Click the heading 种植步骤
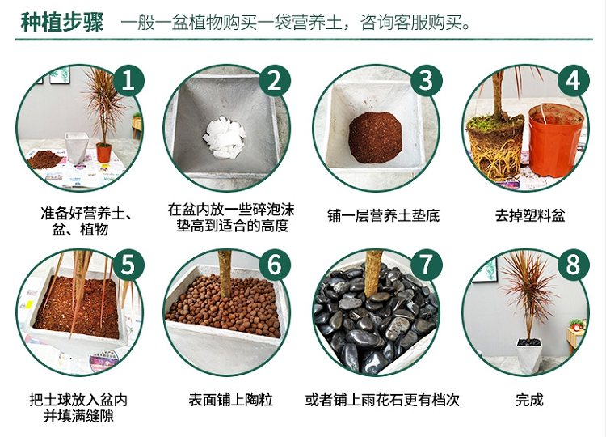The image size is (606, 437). click(x=62, y=22)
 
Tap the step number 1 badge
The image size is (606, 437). click(x=128, y=80)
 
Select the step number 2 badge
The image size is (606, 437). click(x=275, y=80)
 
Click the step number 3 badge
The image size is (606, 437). click(x=427, y=80)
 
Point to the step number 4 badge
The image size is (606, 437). click(x=573, y=80)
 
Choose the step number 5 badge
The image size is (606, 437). click(x=128, y=265)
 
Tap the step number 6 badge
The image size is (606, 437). click(x=275, y=265)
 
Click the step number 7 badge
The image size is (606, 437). click(x=427, y=265)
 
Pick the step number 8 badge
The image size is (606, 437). click(x=573, y=265)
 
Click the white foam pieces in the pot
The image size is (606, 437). click(x=224, y=138)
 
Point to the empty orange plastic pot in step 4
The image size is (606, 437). click(x=555, y=140)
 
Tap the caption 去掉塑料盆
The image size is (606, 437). click(x=530, y=215)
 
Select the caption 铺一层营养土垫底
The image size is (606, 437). click(x=383, y=215)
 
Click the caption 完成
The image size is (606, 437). click(x=529, y=400)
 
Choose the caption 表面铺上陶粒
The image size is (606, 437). click(x=231, y=400)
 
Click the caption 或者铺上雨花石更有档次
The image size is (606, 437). click(x=382, y=400)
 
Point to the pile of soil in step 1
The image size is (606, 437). click(x=44, y=159)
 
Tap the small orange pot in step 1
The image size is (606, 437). click(x=103, y=153)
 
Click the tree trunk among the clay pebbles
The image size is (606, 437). click(x=225, y=274)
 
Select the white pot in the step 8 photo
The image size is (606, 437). click(x=529, y=357)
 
